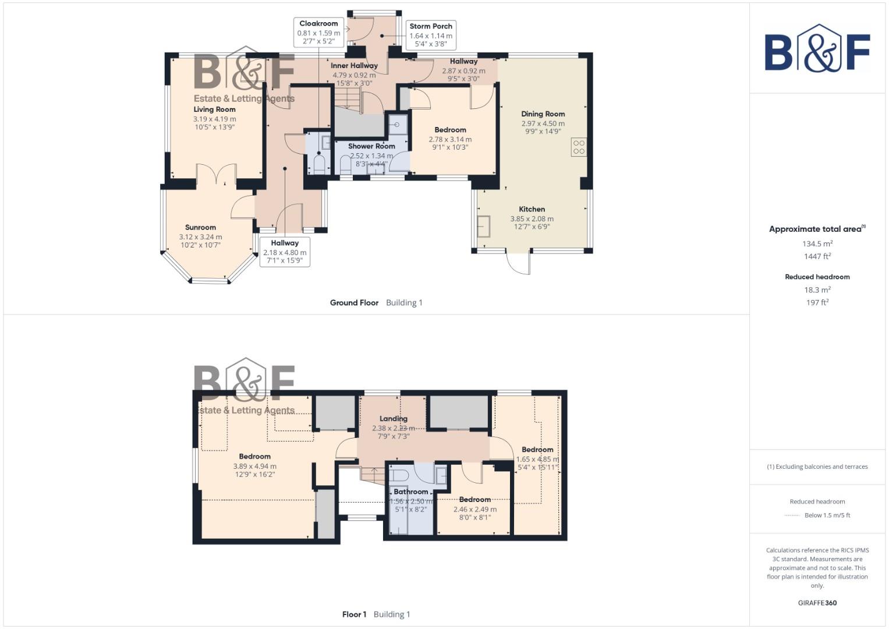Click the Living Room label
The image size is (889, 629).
(214, 109)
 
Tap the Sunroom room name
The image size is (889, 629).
(200, 228)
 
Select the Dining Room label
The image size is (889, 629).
(543, 114)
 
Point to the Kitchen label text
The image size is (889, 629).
(532, 209)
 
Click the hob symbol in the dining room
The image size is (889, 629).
(578, 147)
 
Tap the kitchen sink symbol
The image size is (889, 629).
(483, 226)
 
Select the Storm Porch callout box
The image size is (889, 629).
(430, 35)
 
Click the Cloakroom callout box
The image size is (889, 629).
(318, 33)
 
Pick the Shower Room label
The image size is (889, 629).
(371, 146)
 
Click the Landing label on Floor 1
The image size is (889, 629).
(394, 419)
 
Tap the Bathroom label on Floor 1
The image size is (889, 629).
(410, 492)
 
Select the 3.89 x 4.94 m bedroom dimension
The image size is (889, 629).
(254, 466)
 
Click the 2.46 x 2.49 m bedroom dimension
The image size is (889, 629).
(474, 509)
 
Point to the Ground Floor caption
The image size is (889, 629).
(354, 303)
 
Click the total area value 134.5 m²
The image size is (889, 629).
(817, 244)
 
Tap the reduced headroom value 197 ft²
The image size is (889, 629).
(817, 302)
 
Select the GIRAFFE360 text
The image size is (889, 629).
(817, 603)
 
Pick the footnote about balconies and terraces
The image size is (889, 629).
(817, 467)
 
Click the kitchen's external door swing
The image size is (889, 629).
(518, 263)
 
